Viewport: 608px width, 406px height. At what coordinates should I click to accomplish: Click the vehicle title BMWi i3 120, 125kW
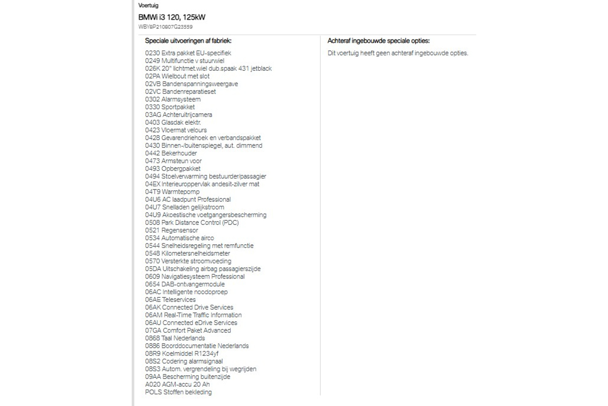click(x=172, y=17)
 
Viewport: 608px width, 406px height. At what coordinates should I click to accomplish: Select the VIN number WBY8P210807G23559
click(x=165, y=27)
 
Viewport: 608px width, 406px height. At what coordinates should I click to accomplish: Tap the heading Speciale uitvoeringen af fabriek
click(x=188, y=41)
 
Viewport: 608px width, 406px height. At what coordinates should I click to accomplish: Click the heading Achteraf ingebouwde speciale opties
click(x=378, y=41)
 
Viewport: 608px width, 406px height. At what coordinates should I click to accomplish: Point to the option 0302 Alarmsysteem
click(x=173, y=99)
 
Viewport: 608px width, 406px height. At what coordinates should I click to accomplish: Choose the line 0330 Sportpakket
click(x=170, y=107)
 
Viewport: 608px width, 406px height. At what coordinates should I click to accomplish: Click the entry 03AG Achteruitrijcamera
click(x=179, y=115)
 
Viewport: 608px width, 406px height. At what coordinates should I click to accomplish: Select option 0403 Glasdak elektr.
click(x=173, y=122)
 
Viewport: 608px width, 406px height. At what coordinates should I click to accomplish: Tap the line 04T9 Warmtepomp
click(x=172, y=192)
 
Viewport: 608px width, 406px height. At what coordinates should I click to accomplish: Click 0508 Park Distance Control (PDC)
click(x=192, y=223)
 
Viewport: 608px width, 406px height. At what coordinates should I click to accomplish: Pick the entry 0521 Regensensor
click(x=171, y=230)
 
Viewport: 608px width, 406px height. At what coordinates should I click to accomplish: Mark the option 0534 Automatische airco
click(x=179, y=238)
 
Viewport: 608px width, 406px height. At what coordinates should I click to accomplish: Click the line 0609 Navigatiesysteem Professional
click(x=195, y=277)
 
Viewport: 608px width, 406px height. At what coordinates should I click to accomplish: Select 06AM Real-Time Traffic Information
click(x=193, y=315)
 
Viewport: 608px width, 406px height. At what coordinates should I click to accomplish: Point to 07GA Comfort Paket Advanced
click(x=188, y=331)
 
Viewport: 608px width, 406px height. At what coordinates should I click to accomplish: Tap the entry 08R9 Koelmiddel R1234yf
click(x=182, y=354)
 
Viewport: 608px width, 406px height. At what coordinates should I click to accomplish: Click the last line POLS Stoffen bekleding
click(x=178, y=392)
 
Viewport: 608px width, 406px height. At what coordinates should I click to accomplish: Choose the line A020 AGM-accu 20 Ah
click(x=177, y=384)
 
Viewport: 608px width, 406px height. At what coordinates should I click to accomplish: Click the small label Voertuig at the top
click(x=148, y=5)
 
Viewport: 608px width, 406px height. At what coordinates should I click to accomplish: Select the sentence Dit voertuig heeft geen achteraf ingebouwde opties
click(x=398, y=53)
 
